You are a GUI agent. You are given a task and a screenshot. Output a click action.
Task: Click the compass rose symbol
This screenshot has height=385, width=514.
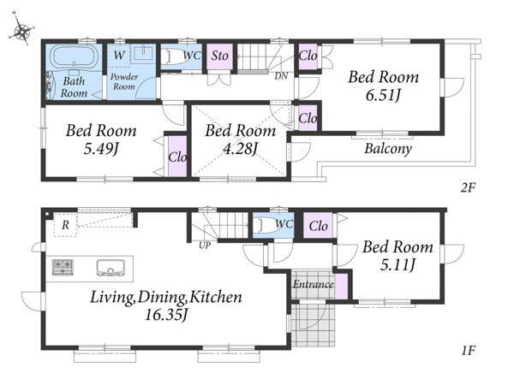coord(21,31)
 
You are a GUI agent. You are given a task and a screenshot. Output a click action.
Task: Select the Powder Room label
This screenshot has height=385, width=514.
coord(124,81)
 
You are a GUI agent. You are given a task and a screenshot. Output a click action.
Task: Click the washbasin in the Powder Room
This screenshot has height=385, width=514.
coord(143,53)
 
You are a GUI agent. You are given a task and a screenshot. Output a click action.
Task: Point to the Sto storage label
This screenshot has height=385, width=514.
coord(219,56)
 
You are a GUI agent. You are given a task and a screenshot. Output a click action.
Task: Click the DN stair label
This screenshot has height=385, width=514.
coord(281,76)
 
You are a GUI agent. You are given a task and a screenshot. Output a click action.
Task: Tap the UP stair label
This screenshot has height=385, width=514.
coord(205,246)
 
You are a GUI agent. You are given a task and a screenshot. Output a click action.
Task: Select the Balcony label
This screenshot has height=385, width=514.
coord(388,149)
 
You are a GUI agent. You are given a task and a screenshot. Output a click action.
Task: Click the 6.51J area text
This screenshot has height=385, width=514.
coord(383,96)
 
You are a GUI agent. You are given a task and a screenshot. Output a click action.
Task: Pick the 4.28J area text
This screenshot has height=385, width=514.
coord(240,149)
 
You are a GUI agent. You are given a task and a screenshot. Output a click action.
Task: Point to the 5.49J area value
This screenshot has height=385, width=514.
coord(100,149)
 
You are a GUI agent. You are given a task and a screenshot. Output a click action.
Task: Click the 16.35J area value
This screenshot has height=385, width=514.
coord(166,315)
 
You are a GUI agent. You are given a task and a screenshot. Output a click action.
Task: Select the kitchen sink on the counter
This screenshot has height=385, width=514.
coord(110,268)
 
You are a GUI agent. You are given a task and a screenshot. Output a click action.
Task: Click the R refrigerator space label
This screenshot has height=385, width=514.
coord(66,225)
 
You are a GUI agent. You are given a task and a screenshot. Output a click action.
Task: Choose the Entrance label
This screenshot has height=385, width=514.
coord(313,284)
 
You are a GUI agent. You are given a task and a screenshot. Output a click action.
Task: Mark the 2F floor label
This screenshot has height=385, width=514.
coord(468,187)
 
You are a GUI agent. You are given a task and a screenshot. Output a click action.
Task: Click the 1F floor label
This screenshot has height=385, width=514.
coord(468,351)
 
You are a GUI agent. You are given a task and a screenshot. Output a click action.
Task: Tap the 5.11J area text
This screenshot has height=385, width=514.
coord(397,264)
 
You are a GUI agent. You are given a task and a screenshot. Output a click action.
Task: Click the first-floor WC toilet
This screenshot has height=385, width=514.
coord(268,225)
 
